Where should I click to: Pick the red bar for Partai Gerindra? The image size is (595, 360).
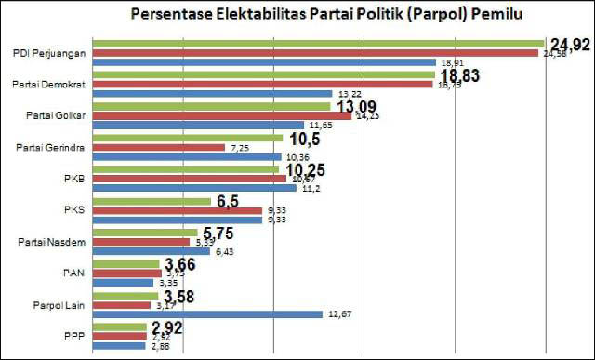tap(159, 147)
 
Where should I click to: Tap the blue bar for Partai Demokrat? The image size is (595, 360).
tap(213, 94)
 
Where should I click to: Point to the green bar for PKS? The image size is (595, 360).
tap(152, 201)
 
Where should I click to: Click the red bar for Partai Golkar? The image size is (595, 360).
tap(222, 116)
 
